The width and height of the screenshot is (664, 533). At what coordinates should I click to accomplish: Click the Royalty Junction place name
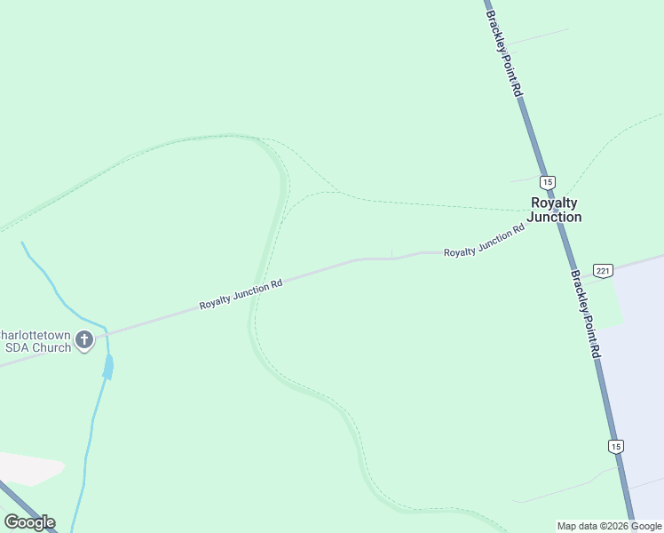click(555, 210)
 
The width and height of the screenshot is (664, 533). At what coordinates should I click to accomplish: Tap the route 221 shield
click(603, 270)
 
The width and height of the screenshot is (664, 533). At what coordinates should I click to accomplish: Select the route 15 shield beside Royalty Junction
click(547, 181)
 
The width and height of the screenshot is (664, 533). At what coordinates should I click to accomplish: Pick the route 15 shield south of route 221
click(616, 446)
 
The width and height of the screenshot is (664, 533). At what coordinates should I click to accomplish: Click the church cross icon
click(84, 339)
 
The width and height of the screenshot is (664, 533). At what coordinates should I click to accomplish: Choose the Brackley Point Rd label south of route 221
click(585, 314)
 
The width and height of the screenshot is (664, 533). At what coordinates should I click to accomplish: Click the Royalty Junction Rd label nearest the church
click(241, 295)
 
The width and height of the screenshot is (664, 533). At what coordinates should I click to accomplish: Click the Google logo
click(29, 522)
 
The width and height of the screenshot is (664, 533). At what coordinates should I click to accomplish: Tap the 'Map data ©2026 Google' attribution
click(610, 526)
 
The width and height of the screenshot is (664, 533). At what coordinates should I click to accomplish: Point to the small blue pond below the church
click(108, 365)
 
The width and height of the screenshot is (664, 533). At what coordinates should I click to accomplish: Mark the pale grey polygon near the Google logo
click(30, 468)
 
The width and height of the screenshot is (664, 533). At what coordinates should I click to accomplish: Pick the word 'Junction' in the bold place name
click(555, 217)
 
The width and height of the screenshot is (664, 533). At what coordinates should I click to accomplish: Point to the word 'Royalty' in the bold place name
click(554, 203)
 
